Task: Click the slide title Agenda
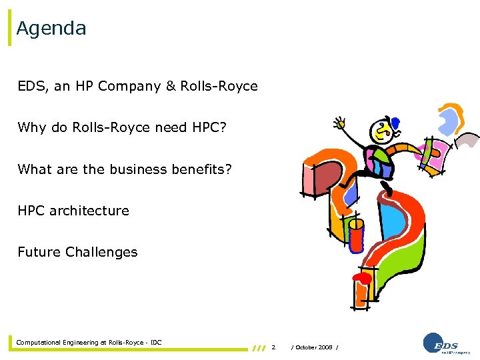coord(51,29)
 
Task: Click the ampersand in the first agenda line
coord(169,87)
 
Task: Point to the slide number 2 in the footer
coord(273,347)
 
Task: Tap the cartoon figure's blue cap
coord(394,122)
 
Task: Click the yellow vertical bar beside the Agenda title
coord(9,28)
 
